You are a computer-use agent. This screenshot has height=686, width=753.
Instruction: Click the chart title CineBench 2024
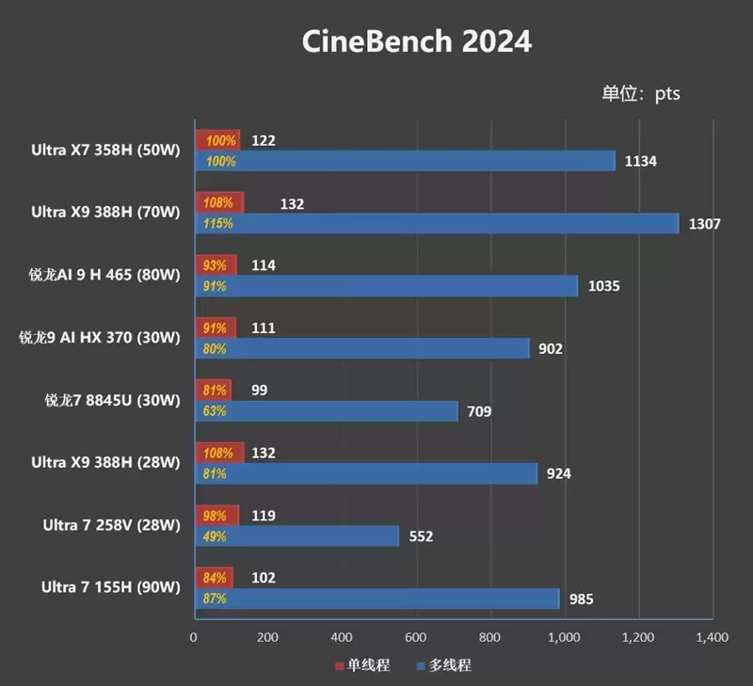416,42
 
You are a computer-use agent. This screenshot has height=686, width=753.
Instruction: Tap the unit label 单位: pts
641,93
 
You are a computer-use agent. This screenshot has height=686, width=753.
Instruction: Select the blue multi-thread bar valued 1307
436,224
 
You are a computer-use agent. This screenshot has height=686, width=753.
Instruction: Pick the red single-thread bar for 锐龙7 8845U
213,390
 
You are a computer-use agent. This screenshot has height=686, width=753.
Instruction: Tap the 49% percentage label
214,536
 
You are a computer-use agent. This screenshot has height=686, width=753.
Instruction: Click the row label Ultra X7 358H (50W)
104,150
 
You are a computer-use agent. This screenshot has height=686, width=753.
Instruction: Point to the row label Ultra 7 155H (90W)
110,588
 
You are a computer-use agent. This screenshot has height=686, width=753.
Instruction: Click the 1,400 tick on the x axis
712,637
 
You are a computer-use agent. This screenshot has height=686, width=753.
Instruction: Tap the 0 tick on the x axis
194,637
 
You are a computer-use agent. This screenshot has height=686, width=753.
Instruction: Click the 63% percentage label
214,411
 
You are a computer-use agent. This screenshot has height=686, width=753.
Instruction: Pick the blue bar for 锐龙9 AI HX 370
362,348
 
